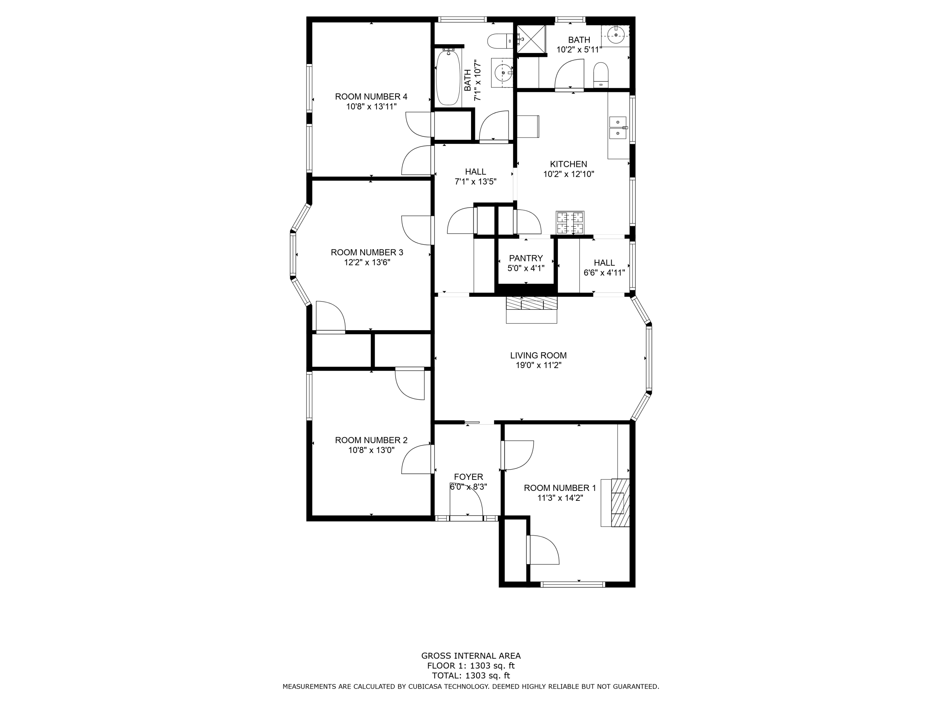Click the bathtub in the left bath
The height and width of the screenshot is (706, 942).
[x=448, y=78]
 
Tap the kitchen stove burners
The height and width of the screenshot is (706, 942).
[x=570, y=222]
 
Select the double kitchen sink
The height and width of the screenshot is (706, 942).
[x=618, y=128]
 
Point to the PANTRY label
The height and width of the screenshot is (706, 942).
[x=526, y=258]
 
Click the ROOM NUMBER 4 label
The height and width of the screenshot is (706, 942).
[x=371, y=97]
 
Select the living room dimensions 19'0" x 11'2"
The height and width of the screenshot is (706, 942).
[x=538, y=365]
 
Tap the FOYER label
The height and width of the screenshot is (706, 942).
[x=468, y=477]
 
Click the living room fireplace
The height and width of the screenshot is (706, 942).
[x=531, y=309]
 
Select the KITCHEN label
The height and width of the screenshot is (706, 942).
[x=569, y=164]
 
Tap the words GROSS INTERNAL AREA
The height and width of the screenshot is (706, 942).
[x=471, y=656]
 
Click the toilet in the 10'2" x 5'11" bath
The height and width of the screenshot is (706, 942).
[x=601, y=75]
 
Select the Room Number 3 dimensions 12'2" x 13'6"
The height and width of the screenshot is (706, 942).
[x=368, y=263]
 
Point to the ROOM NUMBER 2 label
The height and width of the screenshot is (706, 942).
[x=371, y=440]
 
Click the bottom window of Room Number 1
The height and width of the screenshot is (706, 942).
[x=573, y=585]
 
